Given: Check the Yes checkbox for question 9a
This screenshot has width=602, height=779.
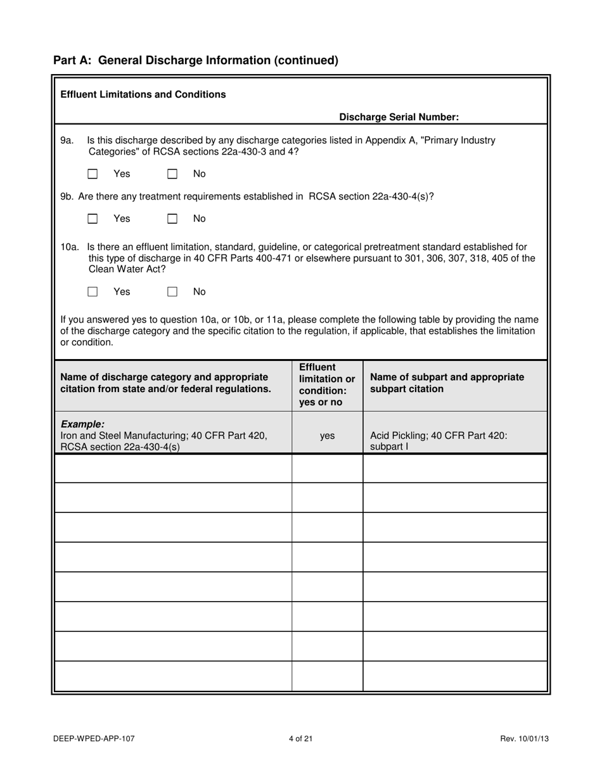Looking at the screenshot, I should (93, 174).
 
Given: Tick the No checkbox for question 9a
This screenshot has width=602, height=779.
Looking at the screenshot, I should (172, 174).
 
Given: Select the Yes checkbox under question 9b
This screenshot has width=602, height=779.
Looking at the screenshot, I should (93, 219).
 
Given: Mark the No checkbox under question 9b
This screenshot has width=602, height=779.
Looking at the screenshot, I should (172, 219).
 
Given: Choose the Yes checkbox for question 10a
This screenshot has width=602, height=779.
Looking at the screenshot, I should (93, 292).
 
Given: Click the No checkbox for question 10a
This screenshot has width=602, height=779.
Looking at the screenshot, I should (172, 292).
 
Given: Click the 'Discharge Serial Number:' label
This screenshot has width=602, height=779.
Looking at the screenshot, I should (399, 117).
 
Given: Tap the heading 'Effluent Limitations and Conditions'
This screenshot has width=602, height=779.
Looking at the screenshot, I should (143, 94).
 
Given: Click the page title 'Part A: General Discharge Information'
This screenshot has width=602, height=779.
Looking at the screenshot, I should (196, 60).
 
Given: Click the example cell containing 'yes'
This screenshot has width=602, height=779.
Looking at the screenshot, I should (327, 436).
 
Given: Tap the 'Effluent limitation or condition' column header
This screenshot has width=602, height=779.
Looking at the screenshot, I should (326, 385).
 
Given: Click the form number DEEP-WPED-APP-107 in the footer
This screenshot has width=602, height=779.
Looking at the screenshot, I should (94, 738).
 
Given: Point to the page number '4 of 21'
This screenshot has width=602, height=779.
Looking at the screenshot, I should (300, 738).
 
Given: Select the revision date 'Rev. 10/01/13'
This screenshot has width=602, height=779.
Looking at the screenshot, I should (523, 738).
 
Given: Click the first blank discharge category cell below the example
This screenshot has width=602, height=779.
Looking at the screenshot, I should (173, 469).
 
